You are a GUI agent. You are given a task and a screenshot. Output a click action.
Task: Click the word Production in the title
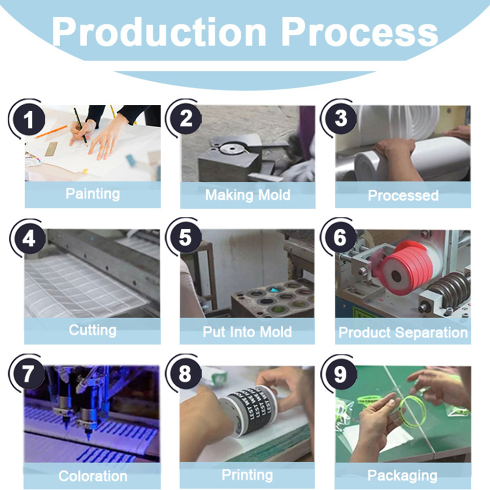(159, 32)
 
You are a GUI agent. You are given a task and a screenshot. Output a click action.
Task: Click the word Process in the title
(360, 32)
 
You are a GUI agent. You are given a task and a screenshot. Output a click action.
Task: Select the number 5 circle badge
(185, 237)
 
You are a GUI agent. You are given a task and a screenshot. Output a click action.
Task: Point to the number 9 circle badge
(341, 374)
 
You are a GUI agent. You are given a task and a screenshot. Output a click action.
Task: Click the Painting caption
(93, 194)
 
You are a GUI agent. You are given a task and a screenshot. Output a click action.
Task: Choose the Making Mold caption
(247, 195)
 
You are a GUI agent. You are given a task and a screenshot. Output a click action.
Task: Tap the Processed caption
(403, 196)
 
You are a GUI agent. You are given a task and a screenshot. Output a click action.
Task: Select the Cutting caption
(93, 330)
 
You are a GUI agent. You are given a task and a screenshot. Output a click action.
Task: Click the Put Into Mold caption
(247, 332)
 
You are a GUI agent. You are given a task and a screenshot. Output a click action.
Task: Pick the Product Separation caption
(403, 332)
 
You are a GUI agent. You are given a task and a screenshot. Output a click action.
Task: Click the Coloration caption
(93, 476)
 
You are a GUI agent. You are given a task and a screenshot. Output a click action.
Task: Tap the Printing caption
(247, 475)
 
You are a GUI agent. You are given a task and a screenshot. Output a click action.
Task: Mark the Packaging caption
(402, 476)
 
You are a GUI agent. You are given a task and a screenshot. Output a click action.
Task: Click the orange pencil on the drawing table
(50, 132)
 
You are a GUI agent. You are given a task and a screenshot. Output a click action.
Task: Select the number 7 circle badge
(28, 374)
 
